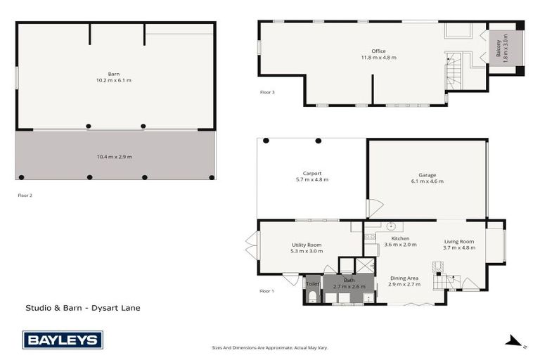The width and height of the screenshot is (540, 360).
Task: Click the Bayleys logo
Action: [x=63, y=340]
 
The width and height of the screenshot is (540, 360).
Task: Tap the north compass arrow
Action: [x=515, y=342]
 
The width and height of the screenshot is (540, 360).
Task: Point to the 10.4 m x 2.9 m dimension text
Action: [x=114, y=157]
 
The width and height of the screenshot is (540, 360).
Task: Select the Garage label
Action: [x=427, y=177]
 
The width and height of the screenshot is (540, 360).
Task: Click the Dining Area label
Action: [x=404, y=281]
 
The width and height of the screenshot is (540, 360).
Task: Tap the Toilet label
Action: [x=312, y=285]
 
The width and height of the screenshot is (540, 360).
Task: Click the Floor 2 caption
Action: [x=25, y=195]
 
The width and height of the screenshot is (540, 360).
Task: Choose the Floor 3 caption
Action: [x=266, y=92]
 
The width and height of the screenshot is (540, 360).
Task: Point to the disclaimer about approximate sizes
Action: [x=270, y=347]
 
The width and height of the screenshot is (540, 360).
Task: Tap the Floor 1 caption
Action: [x=266, y=290]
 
